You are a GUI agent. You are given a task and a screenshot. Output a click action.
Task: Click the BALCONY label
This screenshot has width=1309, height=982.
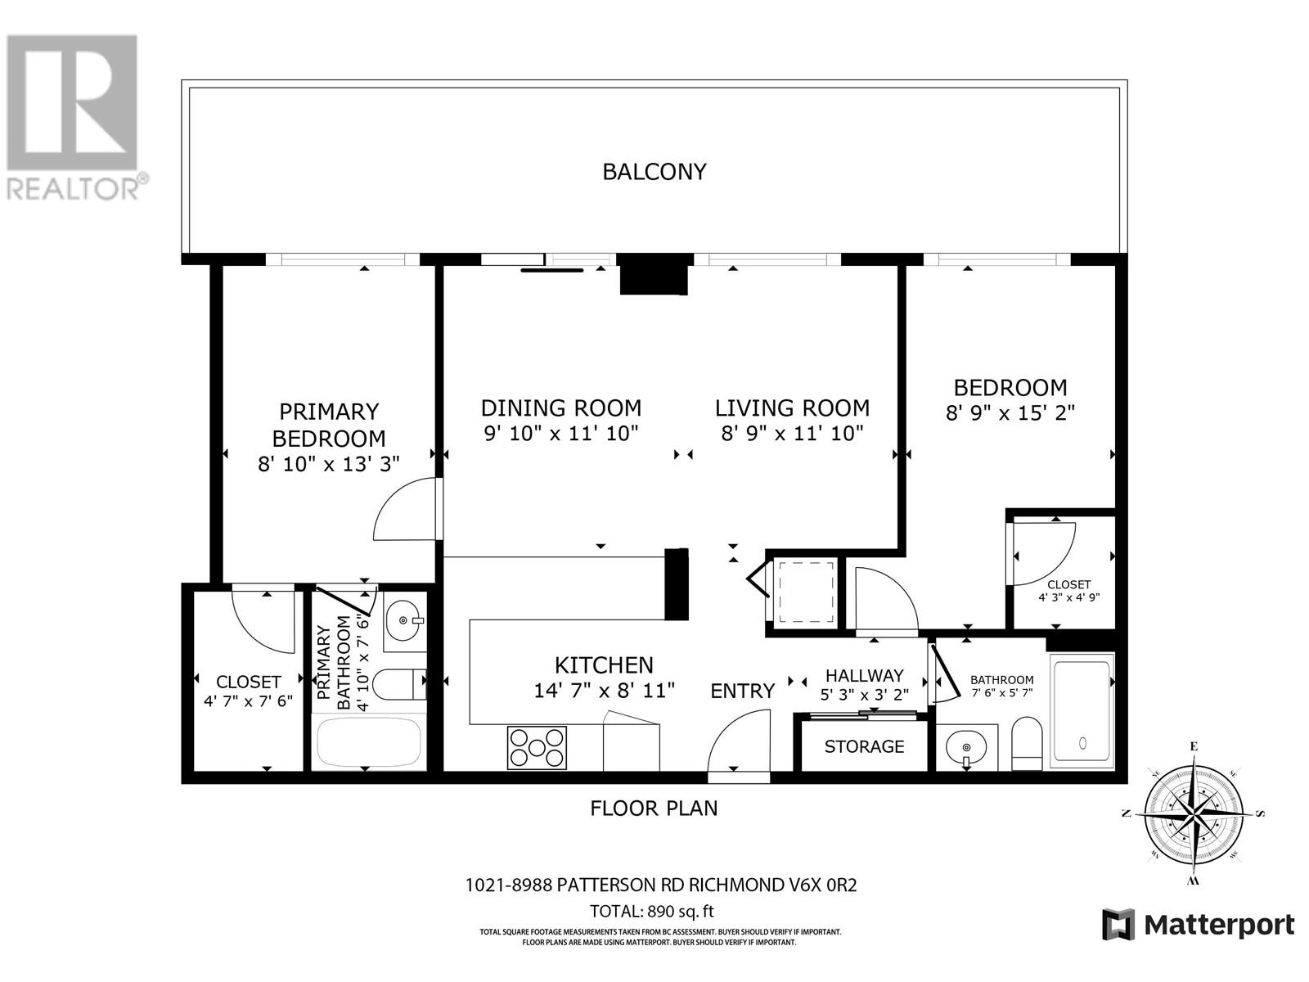coord(654,172)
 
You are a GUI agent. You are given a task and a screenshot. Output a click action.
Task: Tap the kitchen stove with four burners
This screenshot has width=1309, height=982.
coord(537,747)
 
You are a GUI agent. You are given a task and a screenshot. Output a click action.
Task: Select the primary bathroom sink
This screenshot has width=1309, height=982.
coord(403,620)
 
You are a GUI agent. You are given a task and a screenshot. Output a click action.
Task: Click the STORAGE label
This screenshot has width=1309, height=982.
coord(864,746)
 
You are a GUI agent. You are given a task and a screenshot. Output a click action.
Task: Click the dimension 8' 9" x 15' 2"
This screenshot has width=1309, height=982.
coord(1010,413)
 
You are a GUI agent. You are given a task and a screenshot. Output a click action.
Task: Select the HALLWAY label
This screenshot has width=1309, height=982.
coord(864,675)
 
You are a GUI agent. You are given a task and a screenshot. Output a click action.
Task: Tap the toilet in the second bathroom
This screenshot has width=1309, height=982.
coord(1027,744)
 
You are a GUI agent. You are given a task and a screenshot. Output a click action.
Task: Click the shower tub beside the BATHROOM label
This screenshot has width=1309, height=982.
coord(1082,710)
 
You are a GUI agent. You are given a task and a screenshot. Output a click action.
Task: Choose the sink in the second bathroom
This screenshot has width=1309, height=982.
coord(966,747)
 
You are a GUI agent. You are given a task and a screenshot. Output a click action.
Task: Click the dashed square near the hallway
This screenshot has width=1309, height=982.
coord(806,591)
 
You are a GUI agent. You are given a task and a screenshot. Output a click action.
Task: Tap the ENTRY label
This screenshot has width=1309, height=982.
coord(742,691)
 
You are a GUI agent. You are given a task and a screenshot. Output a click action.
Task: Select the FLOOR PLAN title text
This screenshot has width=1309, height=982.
coord(654,809)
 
